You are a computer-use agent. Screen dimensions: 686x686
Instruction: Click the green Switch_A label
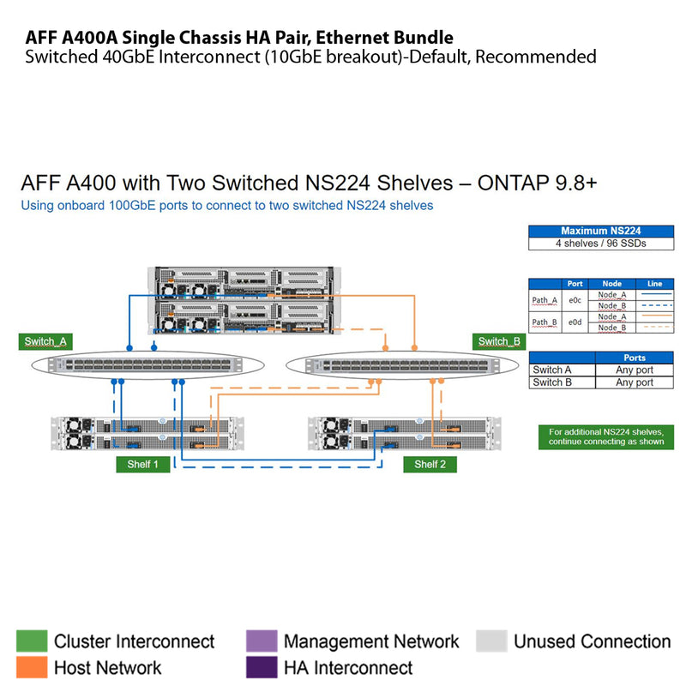pyautogui.click(x=45, y=341)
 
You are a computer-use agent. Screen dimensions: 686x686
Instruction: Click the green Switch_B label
pyautogui.click(x=498, y=341)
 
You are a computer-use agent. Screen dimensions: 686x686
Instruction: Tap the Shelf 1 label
pyautogui.click(x=142, y=464)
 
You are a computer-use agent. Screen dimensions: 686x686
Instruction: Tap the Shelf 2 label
pyautogui.click(x=430, y=464)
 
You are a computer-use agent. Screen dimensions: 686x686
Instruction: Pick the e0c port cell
pyautogui.click(x=575, y=300)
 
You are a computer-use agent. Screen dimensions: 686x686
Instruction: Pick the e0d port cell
pyautogui.click(x=575, y=322)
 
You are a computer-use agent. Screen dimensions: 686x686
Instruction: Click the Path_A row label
pyautogui.click(x=545, y=300)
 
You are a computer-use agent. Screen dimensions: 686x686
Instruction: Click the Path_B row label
pyautogui.click(x=545, y=322)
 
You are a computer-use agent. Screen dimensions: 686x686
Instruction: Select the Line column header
pyautogui.click(x=655, y=284)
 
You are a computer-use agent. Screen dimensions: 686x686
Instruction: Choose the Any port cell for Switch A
pyautogui.click(x=634, y=370)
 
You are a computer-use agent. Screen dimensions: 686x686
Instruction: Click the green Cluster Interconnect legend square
pyautogui.click(x=32, y=641)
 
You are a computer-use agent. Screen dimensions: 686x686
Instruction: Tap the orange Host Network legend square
pyautogui.click(x=32, y=667)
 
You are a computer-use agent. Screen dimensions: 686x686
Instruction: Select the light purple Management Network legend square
pyautogui.click(x=261, y=641)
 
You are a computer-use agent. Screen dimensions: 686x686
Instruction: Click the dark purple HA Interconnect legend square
pyautogui.click(x=261, y=667)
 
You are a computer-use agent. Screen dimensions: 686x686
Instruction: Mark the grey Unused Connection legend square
pyautogui.click(x=491, y=641)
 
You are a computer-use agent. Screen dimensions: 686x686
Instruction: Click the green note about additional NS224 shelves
pyautogui.click(x=605, y=436)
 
